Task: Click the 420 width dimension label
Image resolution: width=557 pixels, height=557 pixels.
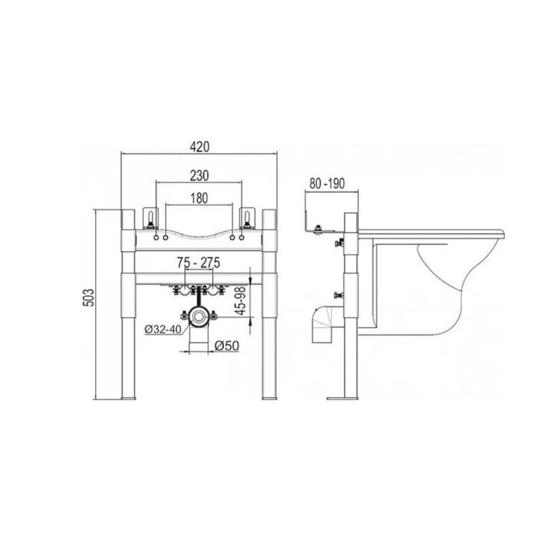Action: coord(199,146)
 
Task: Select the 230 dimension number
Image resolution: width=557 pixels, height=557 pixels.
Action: coord(199,175)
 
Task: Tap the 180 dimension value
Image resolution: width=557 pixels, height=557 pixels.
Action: coord(199,198)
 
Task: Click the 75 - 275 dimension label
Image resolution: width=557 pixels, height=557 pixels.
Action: coord(199,263)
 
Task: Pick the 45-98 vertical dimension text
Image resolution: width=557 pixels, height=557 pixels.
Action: coord(241,301)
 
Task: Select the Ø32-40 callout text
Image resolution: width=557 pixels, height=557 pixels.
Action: coord(163,329)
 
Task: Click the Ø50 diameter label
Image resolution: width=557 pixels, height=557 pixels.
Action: coord(227,345)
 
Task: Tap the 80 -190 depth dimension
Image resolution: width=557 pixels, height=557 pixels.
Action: coord(327,184)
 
